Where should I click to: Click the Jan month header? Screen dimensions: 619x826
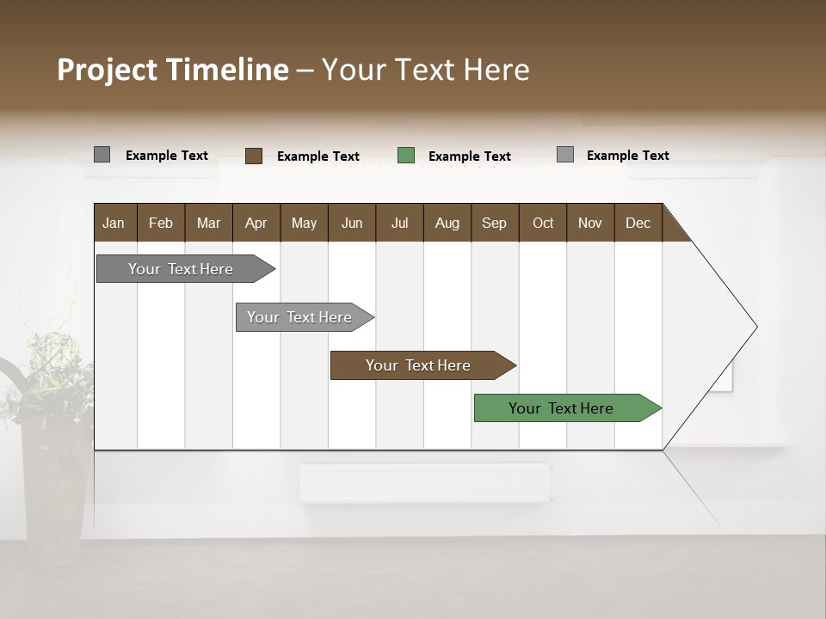click(x=114, y=223)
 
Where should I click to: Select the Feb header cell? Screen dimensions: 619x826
click(x=161, y=223)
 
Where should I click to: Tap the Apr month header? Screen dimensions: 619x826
click(x=256, y=223)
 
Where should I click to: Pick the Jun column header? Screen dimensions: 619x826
click(x=352, y=223)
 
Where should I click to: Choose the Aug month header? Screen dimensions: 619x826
click(x=447, y=223)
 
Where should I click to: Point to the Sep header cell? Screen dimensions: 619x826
click(x=494, y=223)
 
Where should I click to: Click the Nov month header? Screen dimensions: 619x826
click(x=590, y=223)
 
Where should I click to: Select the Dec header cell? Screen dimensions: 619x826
click(x=638, y=223)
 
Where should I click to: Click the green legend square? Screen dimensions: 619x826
click(x=406, y=156)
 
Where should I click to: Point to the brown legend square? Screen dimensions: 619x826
click(x=254, y=156)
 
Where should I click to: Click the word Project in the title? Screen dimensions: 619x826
click(x=108, y=70)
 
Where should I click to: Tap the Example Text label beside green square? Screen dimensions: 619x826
click(x=469, y=156)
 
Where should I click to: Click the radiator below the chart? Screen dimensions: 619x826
click(x=424, y=482)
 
